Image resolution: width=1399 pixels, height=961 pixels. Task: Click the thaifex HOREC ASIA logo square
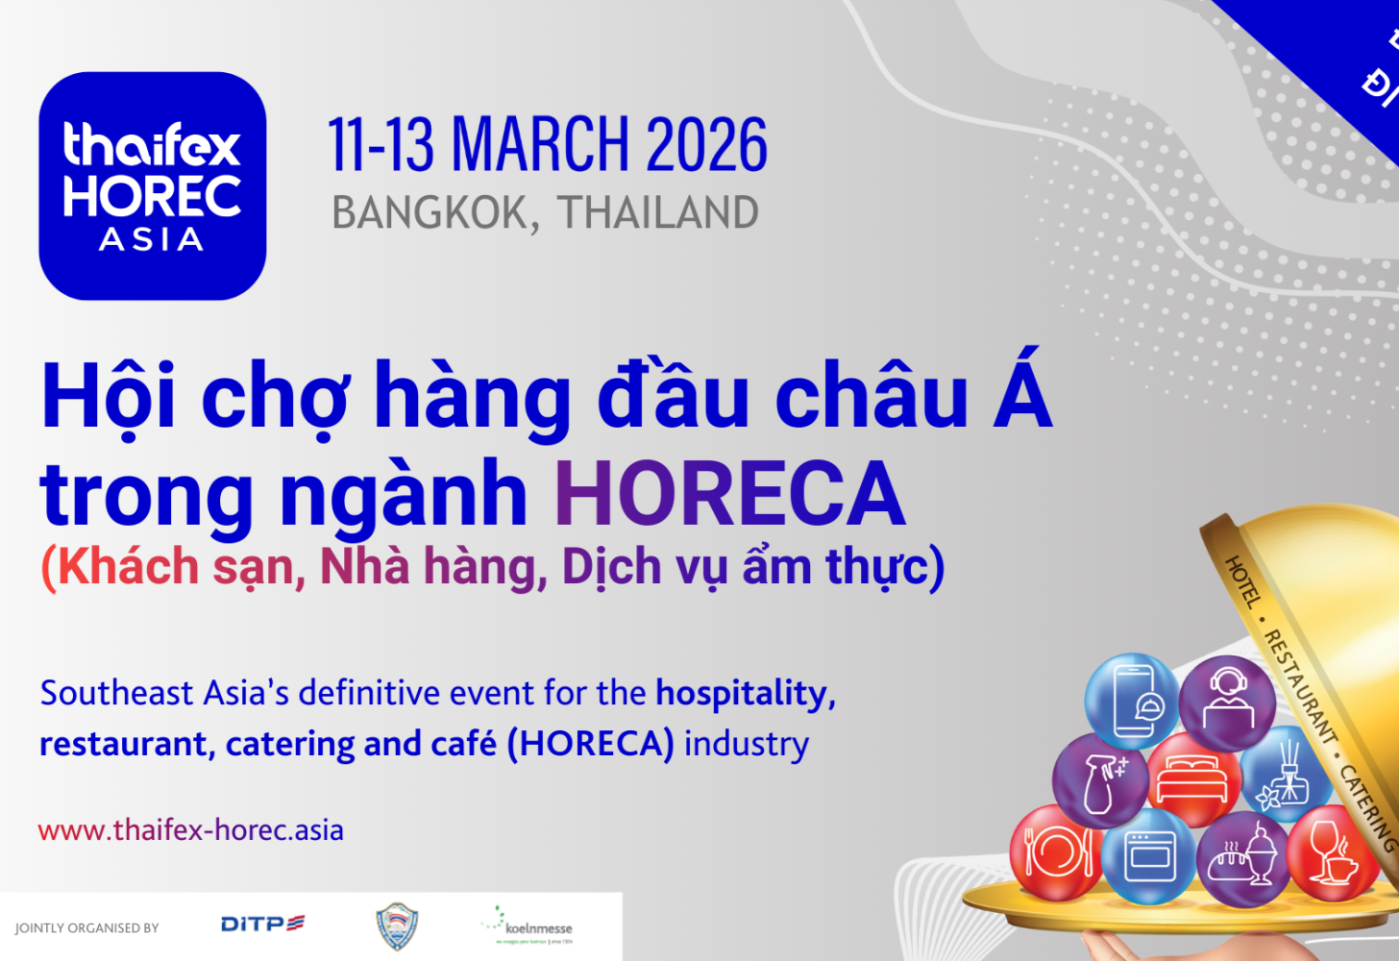[152, 185]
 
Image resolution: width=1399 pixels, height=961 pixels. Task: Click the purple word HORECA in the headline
[729, 494]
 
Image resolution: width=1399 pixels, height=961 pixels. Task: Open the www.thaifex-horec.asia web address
[190, 830]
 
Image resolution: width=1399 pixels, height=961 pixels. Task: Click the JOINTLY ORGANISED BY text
[86, 928]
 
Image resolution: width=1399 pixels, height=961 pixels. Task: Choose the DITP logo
[262, 924]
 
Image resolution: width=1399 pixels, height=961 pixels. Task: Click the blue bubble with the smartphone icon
[1132, 702]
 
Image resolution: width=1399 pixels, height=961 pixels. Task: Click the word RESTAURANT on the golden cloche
[1299, 686]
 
